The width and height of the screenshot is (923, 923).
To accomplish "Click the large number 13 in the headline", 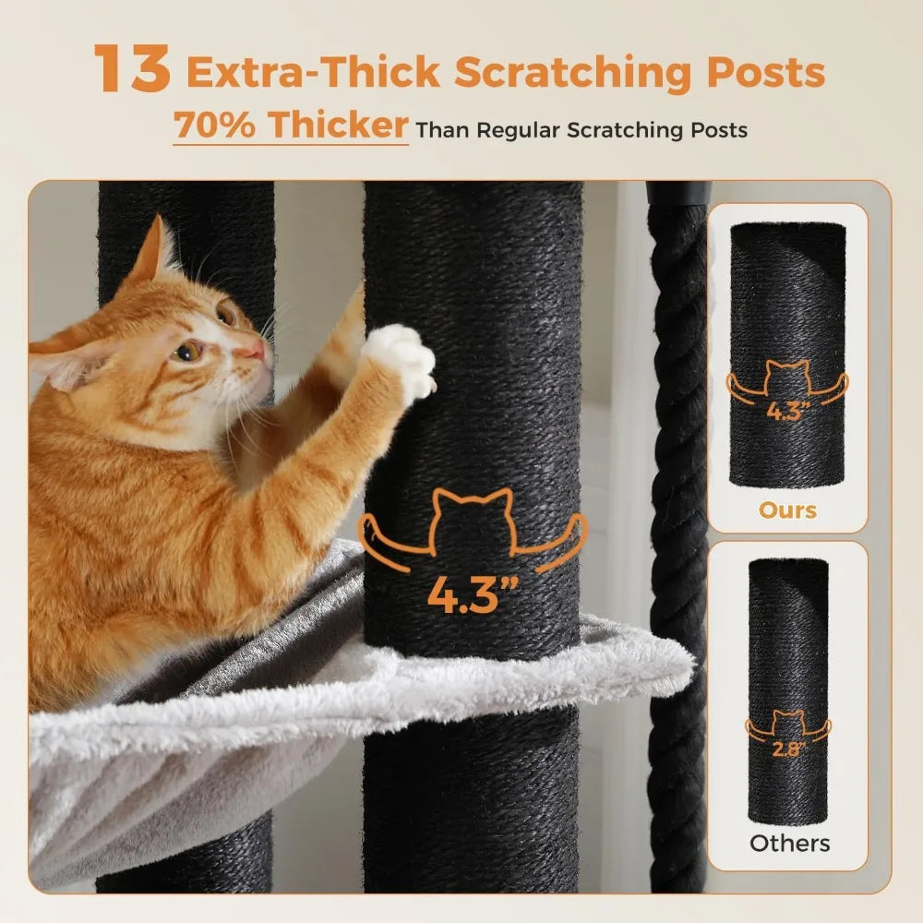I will point(133,71).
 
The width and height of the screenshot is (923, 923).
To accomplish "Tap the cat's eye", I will point(188,352).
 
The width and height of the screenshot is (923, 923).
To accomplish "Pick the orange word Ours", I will point(787,509).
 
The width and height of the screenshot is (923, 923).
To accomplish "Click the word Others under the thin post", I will point(789,842).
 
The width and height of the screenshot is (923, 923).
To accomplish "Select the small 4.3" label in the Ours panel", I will point(787,411).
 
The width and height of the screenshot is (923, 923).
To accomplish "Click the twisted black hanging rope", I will point(679,461).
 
